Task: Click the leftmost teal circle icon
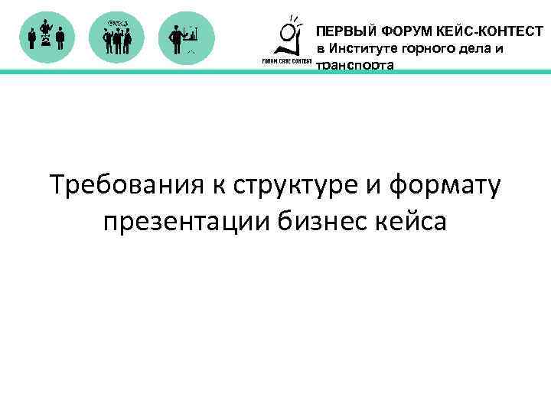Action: click(46, 37)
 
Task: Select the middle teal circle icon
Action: click(117, 37)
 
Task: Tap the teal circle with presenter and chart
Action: click(187, 37)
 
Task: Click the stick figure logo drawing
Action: click(289, 35)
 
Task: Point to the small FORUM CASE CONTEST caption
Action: click(282, 61)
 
